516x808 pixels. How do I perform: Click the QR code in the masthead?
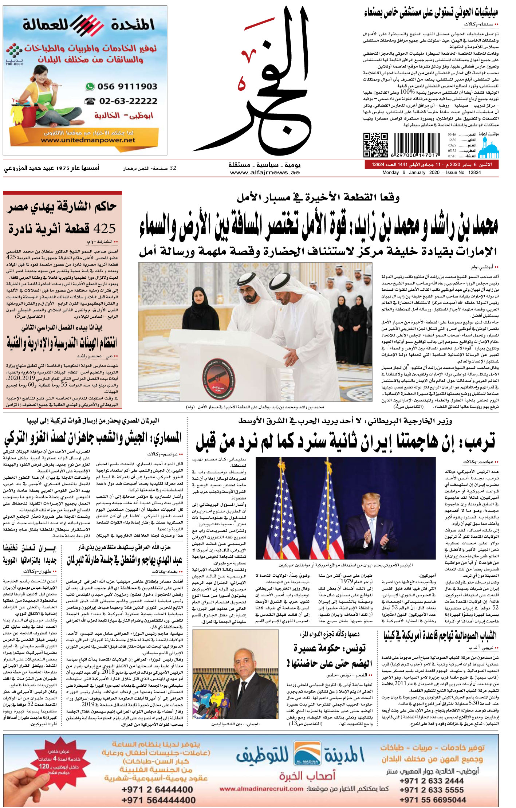(x=375, y=145)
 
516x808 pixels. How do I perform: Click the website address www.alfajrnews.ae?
(x=265, y=173)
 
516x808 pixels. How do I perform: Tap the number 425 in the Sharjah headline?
(x=105, y=229)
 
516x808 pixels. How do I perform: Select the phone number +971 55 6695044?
(x=433, y=799)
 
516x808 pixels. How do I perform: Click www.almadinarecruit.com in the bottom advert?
(x=261, y=788)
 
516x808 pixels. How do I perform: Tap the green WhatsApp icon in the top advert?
(x=90, y=87)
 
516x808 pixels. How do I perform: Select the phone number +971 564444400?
(x=158, y=800)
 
